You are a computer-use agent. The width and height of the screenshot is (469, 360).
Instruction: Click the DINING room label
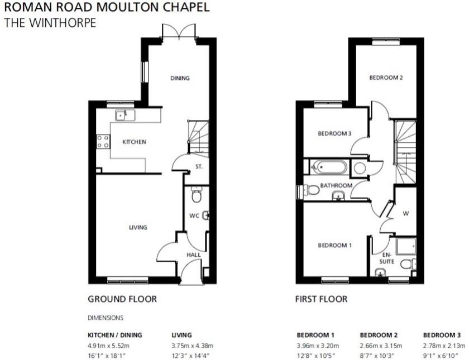click(180, 78)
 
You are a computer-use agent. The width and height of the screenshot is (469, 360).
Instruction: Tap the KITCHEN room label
click(134, 142)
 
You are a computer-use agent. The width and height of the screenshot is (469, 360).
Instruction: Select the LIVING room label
click(138, 227)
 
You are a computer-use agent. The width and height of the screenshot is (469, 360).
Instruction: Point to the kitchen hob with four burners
click(103, 141)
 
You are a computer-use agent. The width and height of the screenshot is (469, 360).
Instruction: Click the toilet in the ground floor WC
click(196, 195)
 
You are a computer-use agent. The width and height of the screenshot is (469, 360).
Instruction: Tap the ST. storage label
click(199, 166)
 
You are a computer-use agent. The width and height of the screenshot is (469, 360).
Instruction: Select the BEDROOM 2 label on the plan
click(386, 78)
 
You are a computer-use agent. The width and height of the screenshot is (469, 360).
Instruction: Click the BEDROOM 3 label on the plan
click(334, 133)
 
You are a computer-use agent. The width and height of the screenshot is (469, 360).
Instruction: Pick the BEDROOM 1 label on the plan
click(334, 246)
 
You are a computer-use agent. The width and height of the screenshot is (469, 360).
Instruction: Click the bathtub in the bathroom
click(329, 166)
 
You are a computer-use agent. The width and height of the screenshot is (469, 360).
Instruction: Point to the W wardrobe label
click(405, 213)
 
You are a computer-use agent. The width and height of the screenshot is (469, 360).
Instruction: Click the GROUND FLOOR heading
click(122, 299)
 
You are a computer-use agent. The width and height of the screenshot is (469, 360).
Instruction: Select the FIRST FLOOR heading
click(321, 299)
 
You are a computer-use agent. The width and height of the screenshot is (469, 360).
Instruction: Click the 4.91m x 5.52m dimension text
click(109, 345)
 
